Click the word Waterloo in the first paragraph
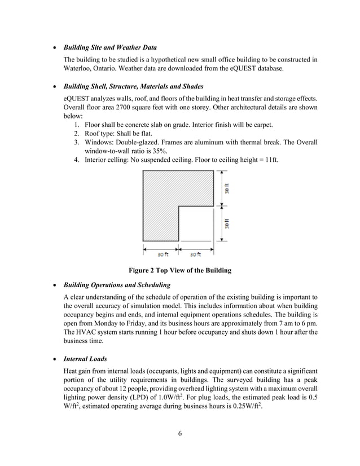(x=78, y=69)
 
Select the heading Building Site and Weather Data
(x=110, y=47)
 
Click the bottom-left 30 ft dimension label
(x=163, y=254)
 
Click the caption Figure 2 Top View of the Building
(x=180, y=270)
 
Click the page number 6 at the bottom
(x=180, y=434)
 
